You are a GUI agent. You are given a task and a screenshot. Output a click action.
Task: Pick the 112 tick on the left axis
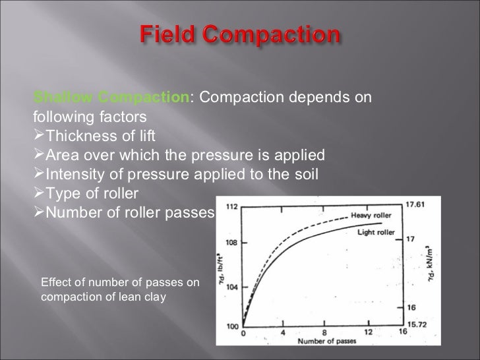click(x=231, y=207)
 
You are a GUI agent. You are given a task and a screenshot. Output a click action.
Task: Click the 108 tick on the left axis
click(x=231, y=243)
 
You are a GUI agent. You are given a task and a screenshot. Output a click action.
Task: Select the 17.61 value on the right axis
click(x=414, y=204)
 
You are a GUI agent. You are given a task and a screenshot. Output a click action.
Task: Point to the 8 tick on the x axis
click(x=323, y=333)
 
